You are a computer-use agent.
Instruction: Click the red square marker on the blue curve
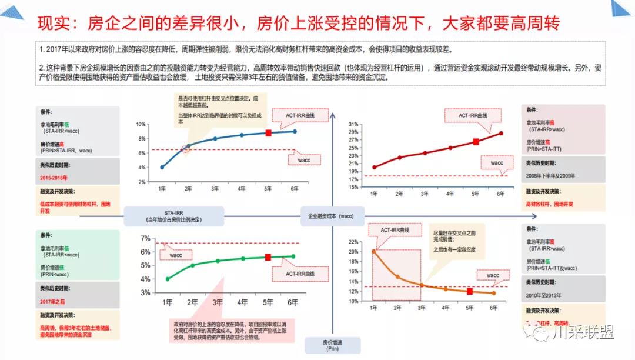click(269, 134)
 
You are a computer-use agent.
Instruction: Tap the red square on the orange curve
click(470, 291)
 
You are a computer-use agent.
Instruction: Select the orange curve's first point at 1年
click(373, 252)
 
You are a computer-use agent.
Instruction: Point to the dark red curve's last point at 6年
click(502, 133)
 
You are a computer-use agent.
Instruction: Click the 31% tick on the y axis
click(353, 125)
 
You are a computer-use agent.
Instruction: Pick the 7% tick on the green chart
click(146, 239)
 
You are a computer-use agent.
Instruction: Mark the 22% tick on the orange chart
click(353, 242)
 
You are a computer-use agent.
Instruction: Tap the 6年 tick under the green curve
click(293, 302)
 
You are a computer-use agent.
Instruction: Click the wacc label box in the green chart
click(176, 255)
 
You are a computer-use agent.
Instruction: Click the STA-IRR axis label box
click(172, 216)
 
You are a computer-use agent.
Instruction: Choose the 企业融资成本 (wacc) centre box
click(330, 216)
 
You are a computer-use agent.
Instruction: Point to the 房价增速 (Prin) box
click(330, 345)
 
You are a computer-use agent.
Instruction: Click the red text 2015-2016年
click(54, 177)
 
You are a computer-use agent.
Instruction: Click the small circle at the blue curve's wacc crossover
click(186, 148)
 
